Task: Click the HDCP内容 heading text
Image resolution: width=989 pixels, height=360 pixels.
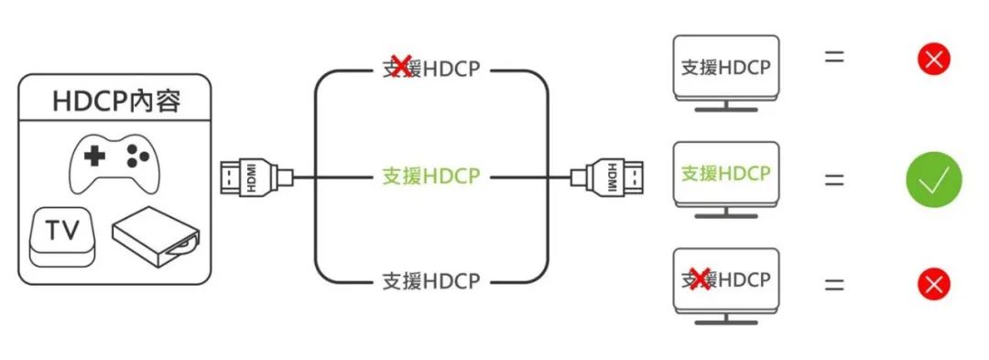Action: [116, 101]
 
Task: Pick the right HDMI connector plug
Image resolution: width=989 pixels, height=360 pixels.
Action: [608, 176]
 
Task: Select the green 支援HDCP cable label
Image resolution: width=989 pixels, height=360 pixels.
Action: [430, 176]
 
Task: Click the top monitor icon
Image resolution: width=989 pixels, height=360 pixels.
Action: [725, 71]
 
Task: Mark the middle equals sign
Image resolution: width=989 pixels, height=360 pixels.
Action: [833, 179]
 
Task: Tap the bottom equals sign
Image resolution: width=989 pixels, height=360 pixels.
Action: [833, 284]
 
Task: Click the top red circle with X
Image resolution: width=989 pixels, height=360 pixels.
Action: [934, 60]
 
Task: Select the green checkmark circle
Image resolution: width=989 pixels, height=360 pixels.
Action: [934, 180]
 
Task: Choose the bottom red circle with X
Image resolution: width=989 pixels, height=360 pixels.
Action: [934, 284]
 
